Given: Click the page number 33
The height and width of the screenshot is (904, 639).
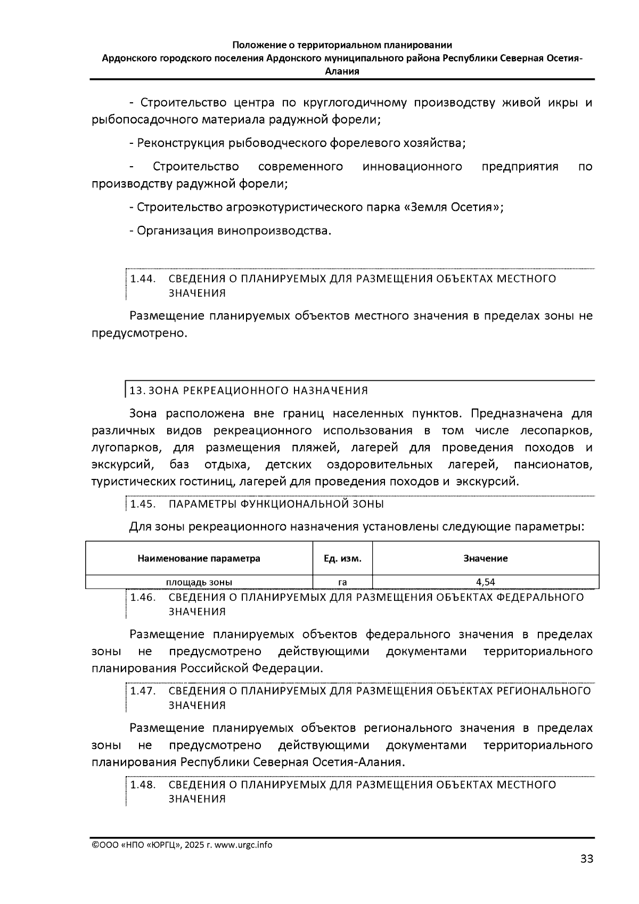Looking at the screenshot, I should [x=586, y=858].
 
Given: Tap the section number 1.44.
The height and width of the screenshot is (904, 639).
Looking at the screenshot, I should [x=142, y=279].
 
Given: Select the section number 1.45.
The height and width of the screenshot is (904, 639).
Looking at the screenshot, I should [x=142, y=504].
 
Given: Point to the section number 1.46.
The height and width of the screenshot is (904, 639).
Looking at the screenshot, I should [x=142, y=597].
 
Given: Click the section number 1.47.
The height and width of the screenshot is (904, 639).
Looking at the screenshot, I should [x=142, y=691].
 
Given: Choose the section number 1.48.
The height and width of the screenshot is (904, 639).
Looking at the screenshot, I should [x=142, y=785].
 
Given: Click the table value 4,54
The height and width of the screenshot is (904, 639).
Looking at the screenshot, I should [x=485, y=582].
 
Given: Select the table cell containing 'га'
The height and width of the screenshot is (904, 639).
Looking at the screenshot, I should [x=342, y=582].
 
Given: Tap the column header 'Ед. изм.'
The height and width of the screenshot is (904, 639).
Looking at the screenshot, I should [x=342, y=558].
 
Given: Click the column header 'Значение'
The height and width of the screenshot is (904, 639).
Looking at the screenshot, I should [x=485, y=558].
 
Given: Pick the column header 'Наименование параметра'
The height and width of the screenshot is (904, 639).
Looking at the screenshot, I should [x=199, y=558].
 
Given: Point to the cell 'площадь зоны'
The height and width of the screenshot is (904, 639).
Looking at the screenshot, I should [x=199, y=582].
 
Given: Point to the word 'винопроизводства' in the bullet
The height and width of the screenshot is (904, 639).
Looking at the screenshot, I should [x=273, y=231].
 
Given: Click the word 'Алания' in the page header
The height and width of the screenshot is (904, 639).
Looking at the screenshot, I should [x=342, y=71].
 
